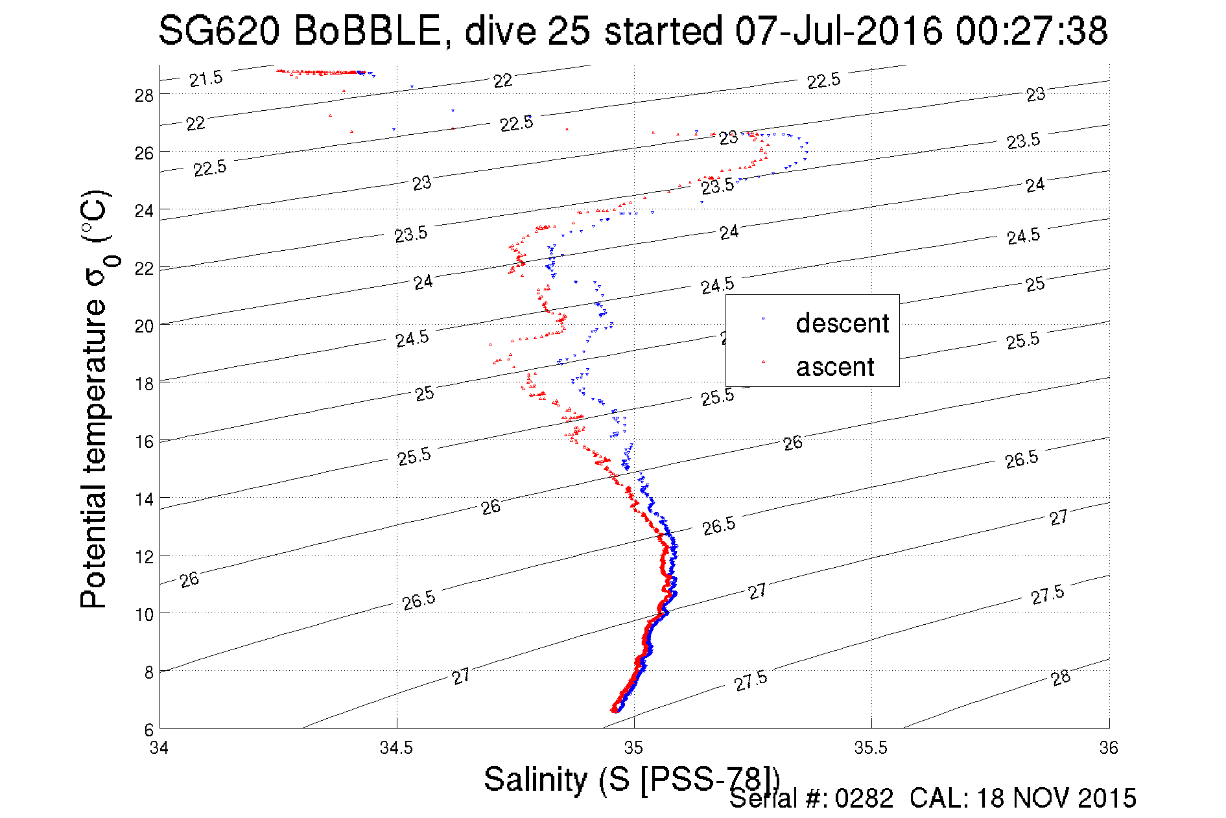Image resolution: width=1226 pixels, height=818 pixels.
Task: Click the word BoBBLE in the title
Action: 368,30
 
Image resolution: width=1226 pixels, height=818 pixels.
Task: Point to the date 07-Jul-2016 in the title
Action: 838,30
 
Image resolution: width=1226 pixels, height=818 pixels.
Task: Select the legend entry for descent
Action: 842,323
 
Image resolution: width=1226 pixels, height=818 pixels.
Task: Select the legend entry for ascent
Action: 835,367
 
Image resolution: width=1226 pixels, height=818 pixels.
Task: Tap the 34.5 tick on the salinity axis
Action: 396,748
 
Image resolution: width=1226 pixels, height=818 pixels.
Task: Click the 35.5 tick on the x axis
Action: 871,748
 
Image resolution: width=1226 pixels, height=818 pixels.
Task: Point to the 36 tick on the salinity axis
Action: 1109,748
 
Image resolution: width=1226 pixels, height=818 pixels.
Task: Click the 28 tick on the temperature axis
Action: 144,95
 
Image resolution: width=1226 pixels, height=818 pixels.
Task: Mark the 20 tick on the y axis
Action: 144,326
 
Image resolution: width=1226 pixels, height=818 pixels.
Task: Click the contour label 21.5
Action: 206,79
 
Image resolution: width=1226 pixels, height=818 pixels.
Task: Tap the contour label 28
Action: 1061,678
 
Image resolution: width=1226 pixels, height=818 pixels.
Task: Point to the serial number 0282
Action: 864,799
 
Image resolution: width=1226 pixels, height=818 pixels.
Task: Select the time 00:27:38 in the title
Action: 1031,30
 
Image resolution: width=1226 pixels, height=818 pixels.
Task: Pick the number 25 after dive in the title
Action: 569,30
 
